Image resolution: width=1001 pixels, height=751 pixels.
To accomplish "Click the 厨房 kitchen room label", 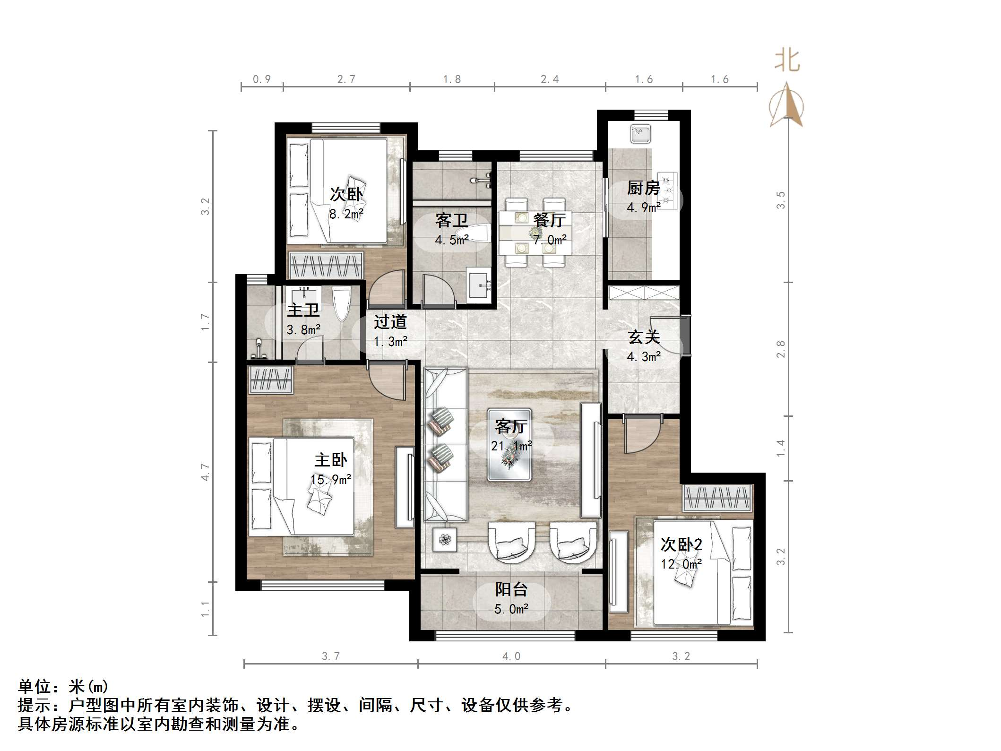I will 643,188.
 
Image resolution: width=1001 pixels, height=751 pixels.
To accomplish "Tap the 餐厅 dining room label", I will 549,220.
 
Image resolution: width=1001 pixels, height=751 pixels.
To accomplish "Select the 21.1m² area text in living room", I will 511,446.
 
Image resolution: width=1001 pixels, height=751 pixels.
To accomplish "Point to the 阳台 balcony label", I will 511,589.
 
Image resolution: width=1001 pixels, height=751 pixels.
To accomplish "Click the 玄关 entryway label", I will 643,337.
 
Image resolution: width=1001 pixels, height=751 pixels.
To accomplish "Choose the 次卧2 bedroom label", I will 681,544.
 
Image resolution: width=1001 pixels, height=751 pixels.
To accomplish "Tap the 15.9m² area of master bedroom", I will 330,480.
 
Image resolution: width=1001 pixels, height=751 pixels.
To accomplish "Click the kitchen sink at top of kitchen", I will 641,134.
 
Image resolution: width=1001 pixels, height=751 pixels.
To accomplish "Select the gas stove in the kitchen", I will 668,191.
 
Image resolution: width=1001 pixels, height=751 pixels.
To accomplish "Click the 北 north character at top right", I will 786,61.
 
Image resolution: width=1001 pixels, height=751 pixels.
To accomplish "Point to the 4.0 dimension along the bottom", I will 511,656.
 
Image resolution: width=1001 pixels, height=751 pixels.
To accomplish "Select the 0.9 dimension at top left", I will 261,79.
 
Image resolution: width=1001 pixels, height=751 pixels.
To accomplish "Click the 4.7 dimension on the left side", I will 205,472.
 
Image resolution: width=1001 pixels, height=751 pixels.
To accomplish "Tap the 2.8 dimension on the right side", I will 780,349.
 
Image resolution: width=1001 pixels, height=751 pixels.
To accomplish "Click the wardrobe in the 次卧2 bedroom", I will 717,498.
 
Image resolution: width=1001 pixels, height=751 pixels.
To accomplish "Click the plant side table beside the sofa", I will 444,539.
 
